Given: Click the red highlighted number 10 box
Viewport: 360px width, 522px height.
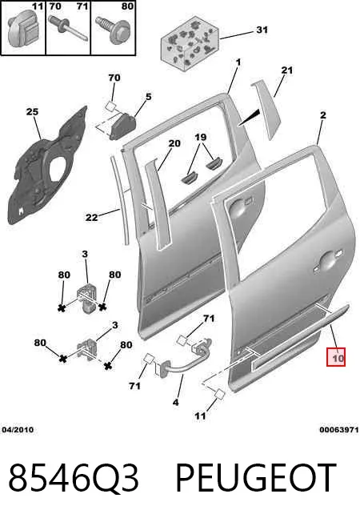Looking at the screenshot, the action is [336, 357].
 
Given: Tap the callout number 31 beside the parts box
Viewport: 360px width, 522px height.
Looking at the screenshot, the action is [262, 30].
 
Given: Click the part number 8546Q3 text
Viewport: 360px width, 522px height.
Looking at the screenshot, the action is [73, 478].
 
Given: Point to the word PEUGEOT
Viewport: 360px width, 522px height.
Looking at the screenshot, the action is [255, 478].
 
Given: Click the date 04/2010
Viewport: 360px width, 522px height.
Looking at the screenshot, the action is [18, 430].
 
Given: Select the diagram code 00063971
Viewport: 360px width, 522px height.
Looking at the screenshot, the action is [339, 430].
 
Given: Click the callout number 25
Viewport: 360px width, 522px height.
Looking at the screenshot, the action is [32, 111].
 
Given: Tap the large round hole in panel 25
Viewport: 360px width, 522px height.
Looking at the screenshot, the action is [59, 170].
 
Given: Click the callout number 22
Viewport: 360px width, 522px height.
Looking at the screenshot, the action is [91, 218].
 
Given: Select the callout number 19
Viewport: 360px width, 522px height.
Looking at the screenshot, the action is [200, 137].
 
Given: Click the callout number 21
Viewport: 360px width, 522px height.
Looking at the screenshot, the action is [287, 70].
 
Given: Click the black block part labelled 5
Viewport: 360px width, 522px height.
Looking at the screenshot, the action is [122, 126].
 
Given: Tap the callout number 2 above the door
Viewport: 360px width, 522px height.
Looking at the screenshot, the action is [322, 115].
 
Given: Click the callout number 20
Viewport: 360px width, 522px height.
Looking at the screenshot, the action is [174, 143].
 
